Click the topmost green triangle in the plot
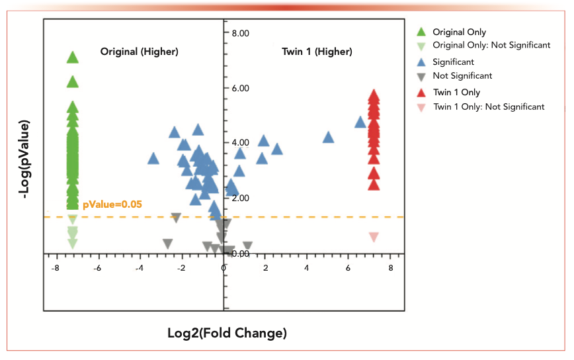(73, 57)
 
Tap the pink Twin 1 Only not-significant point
(374, 236)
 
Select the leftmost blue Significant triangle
(153, 158)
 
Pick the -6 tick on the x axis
(97, 267)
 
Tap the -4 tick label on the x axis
(139, 267)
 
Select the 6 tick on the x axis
(348, 267)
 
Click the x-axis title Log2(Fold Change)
(227, 333)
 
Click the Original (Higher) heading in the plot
(139, 52)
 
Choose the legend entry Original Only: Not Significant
(491, 45)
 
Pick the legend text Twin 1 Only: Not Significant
(489, 107)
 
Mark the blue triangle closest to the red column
(360, 122)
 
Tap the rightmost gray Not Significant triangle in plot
(247, 246)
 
